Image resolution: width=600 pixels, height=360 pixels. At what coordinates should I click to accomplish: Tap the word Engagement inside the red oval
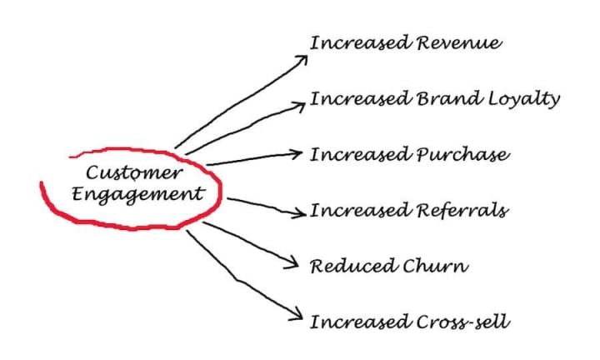point(138,194)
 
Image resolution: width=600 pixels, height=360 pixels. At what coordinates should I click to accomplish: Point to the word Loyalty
point(522,99)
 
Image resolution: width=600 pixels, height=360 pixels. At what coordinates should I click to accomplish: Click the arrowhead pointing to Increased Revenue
point(302,58)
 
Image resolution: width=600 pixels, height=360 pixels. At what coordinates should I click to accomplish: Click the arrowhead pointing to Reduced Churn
point(292,264)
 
